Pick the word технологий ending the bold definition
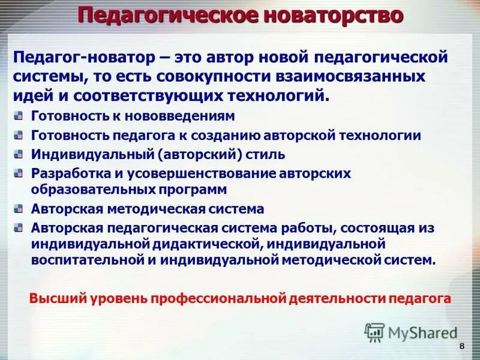[x=275, y=97]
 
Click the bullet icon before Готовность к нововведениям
[x=19, y=116]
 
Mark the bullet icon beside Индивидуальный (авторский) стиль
[x=19, y=154]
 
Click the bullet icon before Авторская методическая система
[x=19, y=209]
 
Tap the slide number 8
[x=461, y=347]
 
